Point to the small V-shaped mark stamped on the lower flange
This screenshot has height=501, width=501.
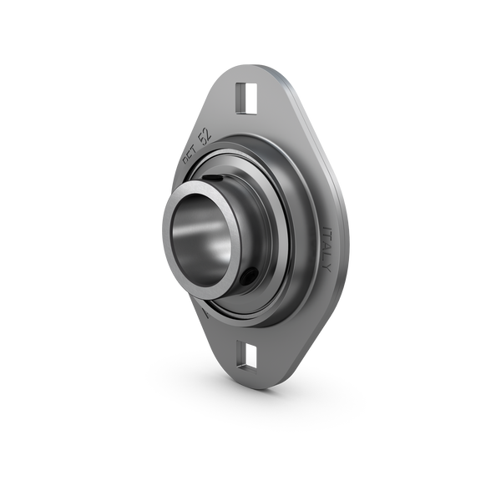pyautogui.click(x=206, y=313)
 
